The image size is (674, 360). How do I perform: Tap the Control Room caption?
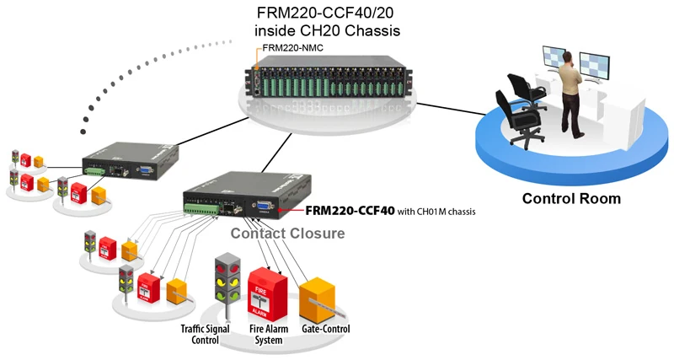click(571, 199)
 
